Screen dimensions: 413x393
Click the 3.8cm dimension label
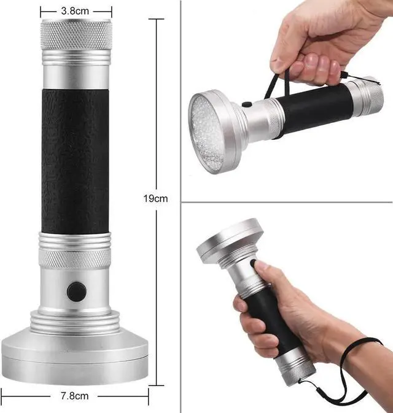point(76,10)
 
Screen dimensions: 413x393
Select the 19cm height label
point(157,198)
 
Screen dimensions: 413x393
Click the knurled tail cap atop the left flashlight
point(76,34)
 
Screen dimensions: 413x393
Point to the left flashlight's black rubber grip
point(76,160)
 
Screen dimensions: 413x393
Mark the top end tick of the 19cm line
point(157,19)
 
